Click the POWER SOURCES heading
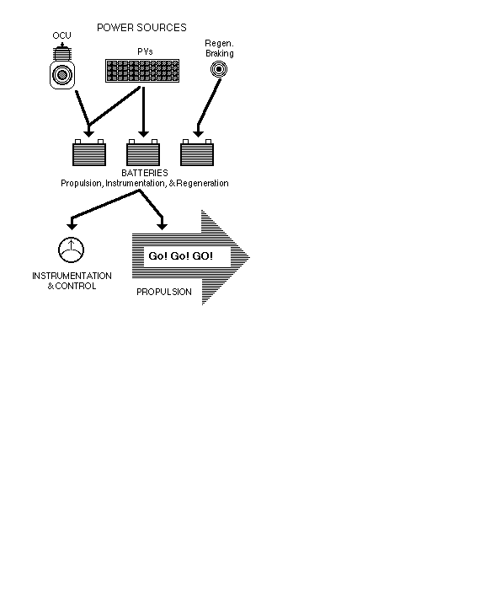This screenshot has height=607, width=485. pos(141,28)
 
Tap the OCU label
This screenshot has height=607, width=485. pos(61,35)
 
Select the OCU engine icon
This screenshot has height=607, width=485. pos(62,67)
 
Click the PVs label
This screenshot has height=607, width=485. pos(145,51)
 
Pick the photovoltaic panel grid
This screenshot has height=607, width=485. pos(142,71)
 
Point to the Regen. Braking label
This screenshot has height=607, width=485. pos(219,48)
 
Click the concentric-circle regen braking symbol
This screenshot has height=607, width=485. pos(219,69)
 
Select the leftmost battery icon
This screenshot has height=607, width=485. pos(89,153)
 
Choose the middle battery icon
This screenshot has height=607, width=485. pos(143,153)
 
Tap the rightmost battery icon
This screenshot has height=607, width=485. pos(197,153)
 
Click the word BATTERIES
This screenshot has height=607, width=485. pos(145,173)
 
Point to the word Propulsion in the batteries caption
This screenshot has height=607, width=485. pos(81,183)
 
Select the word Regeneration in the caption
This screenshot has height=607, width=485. pos(202,183)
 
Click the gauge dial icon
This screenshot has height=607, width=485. pos(72,250)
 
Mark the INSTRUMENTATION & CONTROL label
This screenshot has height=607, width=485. pos(72,281)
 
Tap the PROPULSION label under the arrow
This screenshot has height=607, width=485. pos(164,292)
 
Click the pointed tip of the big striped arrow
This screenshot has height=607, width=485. pos(250,257)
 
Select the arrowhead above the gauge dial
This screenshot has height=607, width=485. pos(72,225)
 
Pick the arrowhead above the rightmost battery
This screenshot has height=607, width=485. pos(198,133)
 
